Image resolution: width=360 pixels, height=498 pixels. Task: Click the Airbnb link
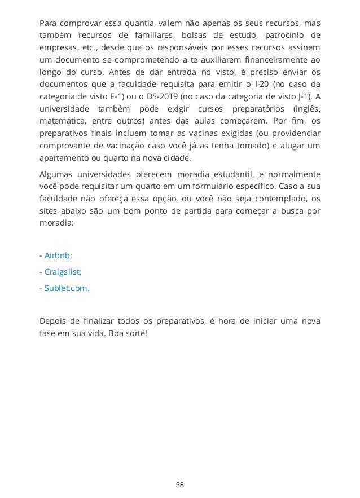click(56, 255)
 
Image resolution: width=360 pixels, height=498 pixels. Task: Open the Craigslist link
click(63, 271)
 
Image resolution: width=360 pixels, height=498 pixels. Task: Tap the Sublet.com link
click(67, 288)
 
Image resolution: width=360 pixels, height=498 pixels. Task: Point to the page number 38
click(180, 484)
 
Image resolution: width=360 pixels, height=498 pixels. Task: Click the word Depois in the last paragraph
click(54, 321)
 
